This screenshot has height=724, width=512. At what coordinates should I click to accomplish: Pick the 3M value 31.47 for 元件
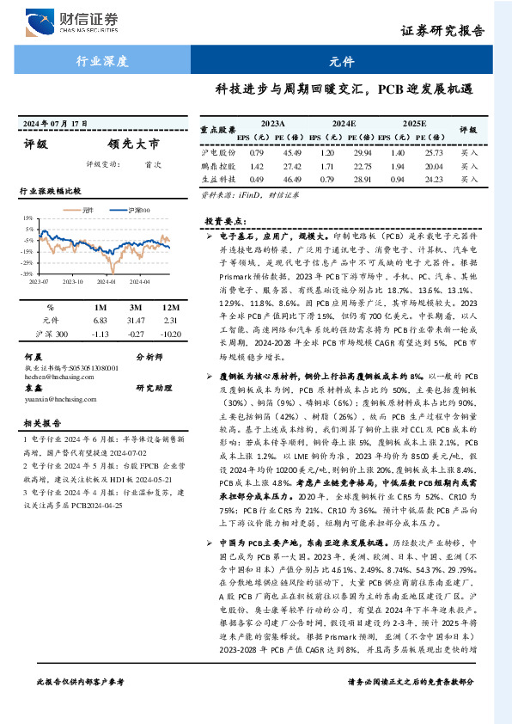coord(134,320)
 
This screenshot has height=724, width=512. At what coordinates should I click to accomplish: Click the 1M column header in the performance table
coord(101,307)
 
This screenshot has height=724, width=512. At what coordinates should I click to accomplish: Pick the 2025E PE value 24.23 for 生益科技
coord(433,180)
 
